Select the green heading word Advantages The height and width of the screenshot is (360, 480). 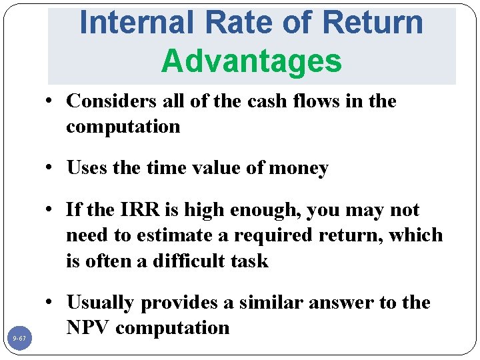[251, 61]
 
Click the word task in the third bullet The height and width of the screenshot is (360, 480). [251, 261]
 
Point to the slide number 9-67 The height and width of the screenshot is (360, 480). [19, 339]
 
